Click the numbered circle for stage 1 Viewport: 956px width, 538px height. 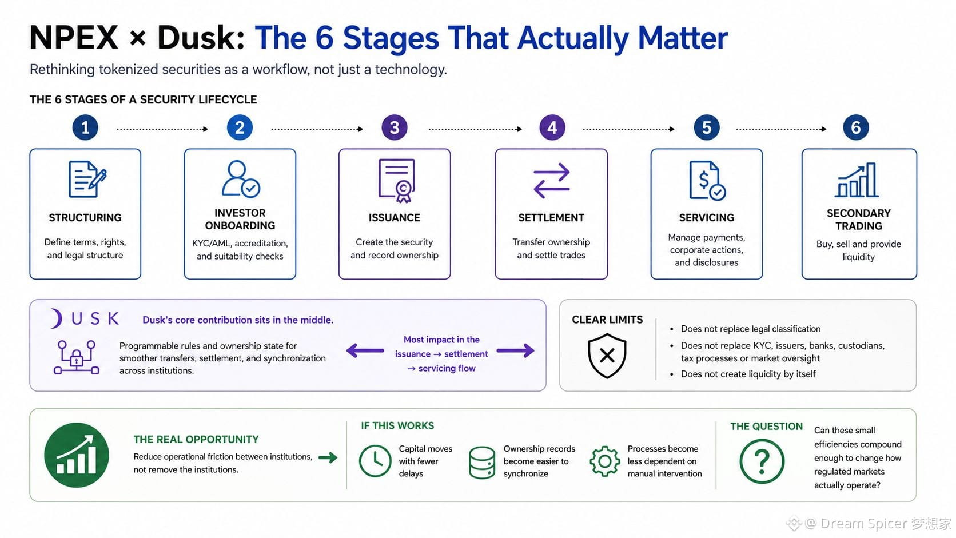click(85, 127)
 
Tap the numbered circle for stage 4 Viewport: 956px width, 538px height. click(552, 127)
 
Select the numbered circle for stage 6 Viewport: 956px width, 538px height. click(856, 127)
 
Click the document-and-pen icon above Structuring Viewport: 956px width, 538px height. click(87, 179)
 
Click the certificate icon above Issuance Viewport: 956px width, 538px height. click(396, 181)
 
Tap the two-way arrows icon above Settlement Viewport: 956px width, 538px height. click(551, 181)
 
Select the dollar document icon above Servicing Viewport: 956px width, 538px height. click(707, 180)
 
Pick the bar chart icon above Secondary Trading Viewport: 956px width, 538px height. click(857, 180)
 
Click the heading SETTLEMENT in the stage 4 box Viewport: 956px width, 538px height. click(551, 218)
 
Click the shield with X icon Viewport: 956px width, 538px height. click(607, 356)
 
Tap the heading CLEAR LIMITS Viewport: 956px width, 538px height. click(607, 320)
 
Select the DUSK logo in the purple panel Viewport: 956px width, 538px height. click(85, 318)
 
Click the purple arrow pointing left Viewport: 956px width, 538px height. click(365, 350)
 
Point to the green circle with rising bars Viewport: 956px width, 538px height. click(77, 455)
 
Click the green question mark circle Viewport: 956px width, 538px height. click(762, 461)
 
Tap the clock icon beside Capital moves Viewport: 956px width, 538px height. click(375, 461)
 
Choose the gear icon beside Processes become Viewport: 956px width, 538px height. click(605, 461)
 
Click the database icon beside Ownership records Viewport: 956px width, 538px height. click(482, 463)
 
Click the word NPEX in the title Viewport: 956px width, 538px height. click(74, 38)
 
